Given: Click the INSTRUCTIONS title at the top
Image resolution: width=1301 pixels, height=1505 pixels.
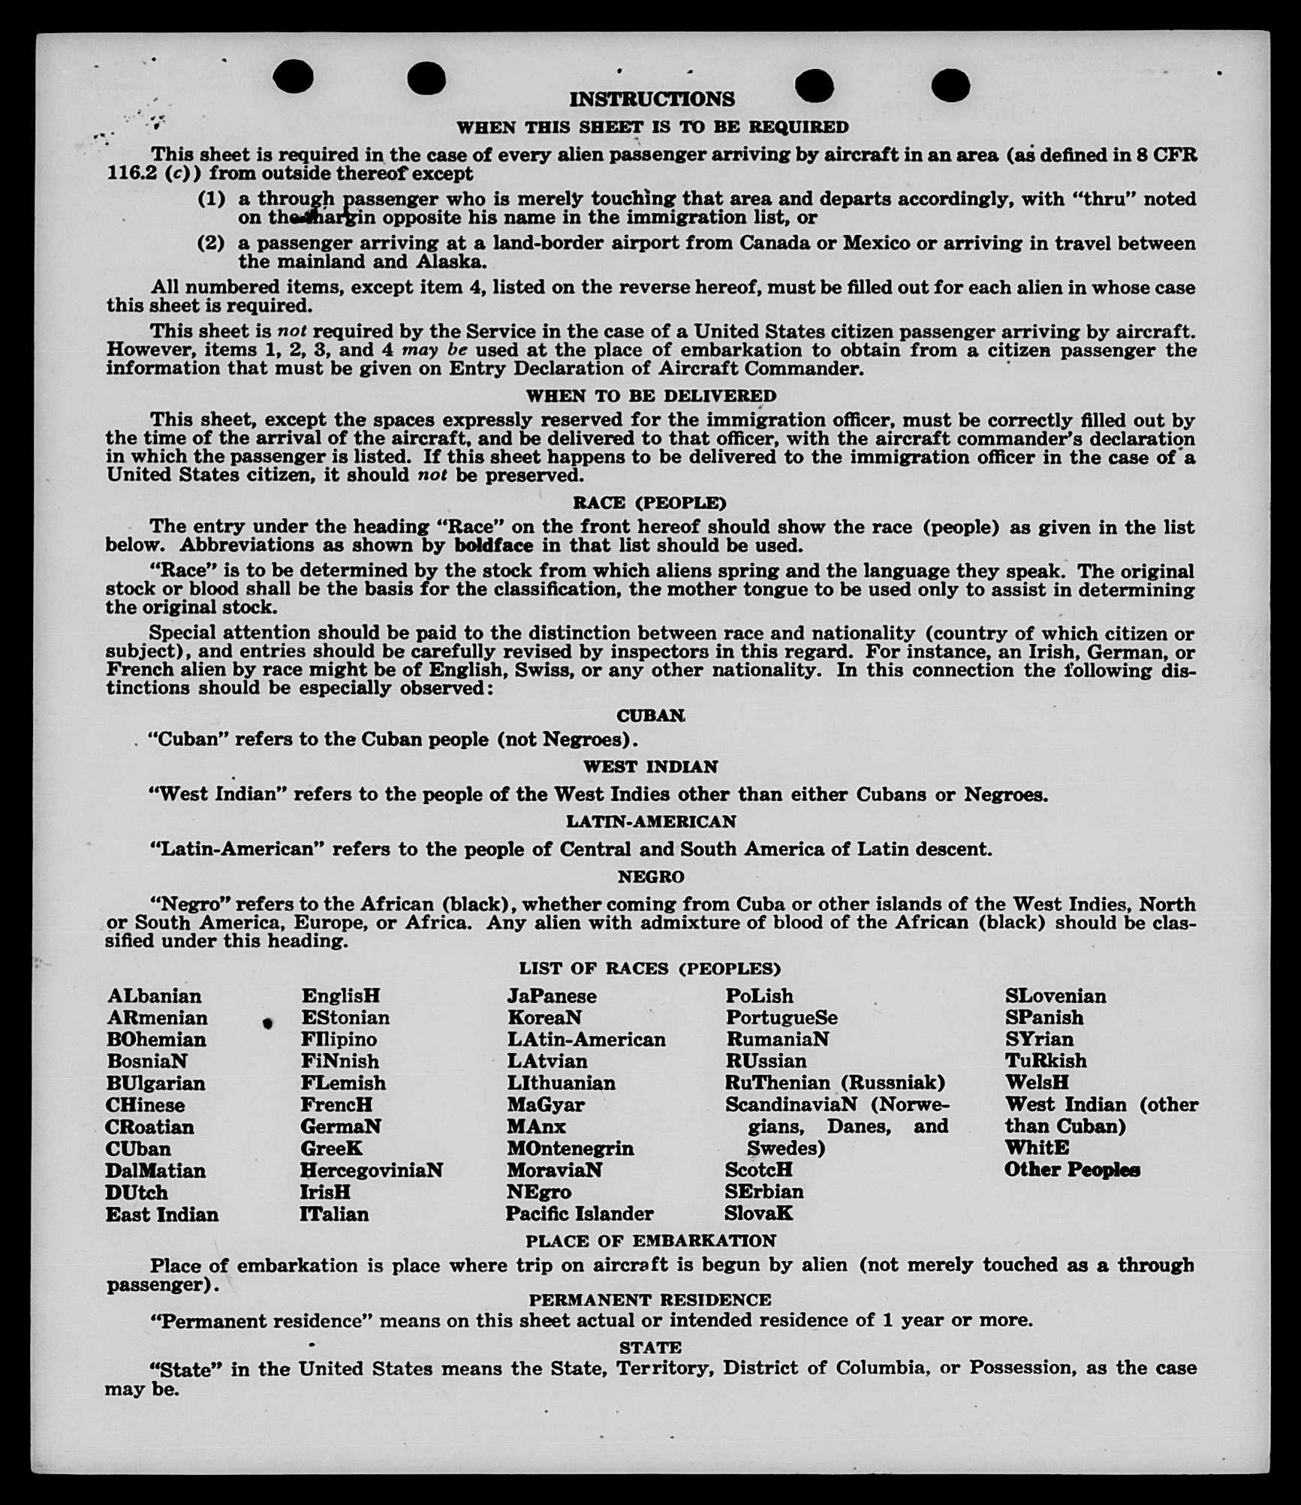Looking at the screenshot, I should pos(652,99).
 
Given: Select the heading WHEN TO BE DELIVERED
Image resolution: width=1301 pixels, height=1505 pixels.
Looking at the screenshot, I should pos(651,396).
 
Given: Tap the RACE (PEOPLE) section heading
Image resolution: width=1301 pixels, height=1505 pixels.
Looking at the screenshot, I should pos(649,502).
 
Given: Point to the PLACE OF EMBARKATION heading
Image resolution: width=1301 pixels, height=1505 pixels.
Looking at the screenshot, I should pos(650,1241).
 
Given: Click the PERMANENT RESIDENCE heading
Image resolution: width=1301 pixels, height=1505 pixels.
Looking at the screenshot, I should pos(650,1300).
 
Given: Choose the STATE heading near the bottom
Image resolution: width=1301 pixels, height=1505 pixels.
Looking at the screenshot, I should pos(650,1347).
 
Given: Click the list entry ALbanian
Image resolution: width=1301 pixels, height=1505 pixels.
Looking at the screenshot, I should pos(155,996).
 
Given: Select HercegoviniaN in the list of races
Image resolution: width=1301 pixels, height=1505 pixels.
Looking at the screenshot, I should pos(372,1170).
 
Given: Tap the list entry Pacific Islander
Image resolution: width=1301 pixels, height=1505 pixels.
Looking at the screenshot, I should pos(580,1214).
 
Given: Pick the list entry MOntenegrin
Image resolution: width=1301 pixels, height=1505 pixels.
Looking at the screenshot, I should pos(571,1148).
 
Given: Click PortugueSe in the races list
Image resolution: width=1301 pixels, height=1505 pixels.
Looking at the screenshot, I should pos(782,1018).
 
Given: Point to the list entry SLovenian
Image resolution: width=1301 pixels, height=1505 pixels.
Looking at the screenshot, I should pos(1056,996).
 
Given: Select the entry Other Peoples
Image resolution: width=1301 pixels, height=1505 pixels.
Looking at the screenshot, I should pos(1072,1170).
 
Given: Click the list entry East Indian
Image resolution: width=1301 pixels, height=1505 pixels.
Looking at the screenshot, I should pos(162,1215).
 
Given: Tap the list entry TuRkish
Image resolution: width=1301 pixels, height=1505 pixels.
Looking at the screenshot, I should pos(1046,1061).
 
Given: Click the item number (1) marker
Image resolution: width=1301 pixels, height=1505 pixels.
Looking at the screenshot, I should pos(211,200).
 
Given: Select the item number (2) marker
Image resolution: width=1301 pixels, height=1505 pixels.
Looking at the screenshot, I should pos(211,243).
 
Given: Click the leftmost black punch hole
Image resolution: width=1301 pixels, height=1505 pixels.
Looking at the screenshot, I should pos(293,77).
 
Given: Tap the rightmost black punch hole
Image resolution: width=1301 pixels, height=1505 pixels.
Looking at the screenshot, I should pos(950,85).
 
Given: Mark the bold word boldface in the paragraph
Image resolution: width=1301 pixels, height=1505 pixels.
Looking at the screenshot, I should pos(494,546).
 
